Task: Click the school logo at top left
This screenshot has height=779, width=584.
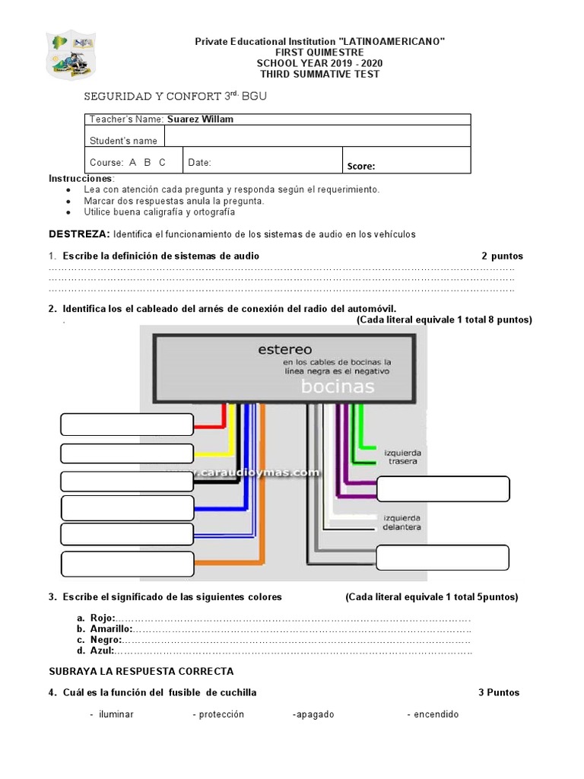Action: (x=71, y=54)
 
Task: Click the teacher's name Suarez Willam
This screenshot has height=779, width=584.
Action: (x=200, y=119)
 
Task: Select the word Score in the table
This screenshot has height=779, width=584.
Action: (x=361, y=167)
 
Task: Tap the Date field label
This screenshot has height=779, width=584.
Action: (x=199, y=163)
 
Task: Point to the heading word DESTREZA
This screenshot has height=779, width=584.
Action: (x=79, y=234)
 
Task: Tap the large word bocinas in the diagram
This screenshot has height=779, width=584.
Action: (x=338, y=386)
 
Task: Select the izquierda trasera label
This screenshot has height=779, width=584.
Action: (x=403, y=457)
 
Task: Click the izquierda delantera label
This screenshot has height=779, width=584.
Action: (x=401, y=522)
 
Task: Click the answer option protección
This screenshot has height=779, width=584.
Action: (x=218, y=714)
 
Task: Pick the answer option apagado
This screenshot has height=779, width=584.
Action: (x=313, y=714)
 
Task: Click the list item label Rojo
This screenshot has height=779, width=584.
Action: (x=103, y=618)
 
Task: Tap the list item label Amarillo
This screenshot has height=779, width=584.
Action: (x=111, y=629)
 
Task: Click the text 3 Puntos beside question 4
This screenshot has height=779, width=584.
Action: (x=499, y=692)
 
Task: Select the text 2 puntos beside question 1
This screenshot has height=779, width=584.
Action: (x=502, y=256)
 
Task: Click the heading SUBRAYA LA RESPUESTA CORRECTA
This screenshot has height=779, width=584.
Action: (x=141, y=671)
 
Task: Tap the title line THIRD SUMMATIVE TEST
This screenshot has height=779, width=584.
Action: (x=319, y=74)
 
